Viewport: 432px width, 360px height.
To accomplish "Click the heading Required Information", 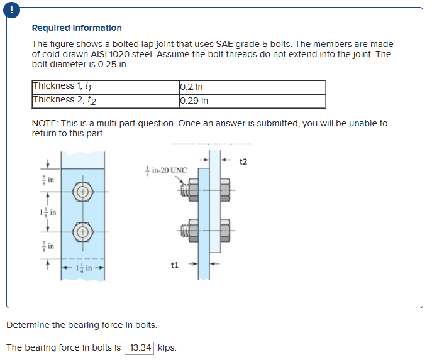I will click(x=77, y=28).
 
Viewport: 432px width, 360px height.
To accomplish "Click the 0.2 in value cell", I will click(x=191, y=87).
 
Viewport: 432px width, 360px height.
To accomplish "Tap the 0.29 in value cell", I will click(x=194, y=101).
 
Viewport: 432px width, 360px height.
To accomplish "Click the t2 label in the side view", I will click(x=243, y=161).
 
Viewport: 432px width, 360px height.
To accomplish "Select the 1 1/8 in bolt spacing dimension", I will click(x=47, y=212).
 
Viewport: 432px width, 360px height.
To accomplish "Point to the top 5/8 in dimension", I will click(x=47, y=180).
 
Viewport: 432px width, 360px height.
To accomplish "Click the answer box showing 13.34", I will click(x=140, y=347).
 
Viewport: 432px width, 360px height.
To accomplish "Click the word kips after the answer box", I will click(x=167, y=347).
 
